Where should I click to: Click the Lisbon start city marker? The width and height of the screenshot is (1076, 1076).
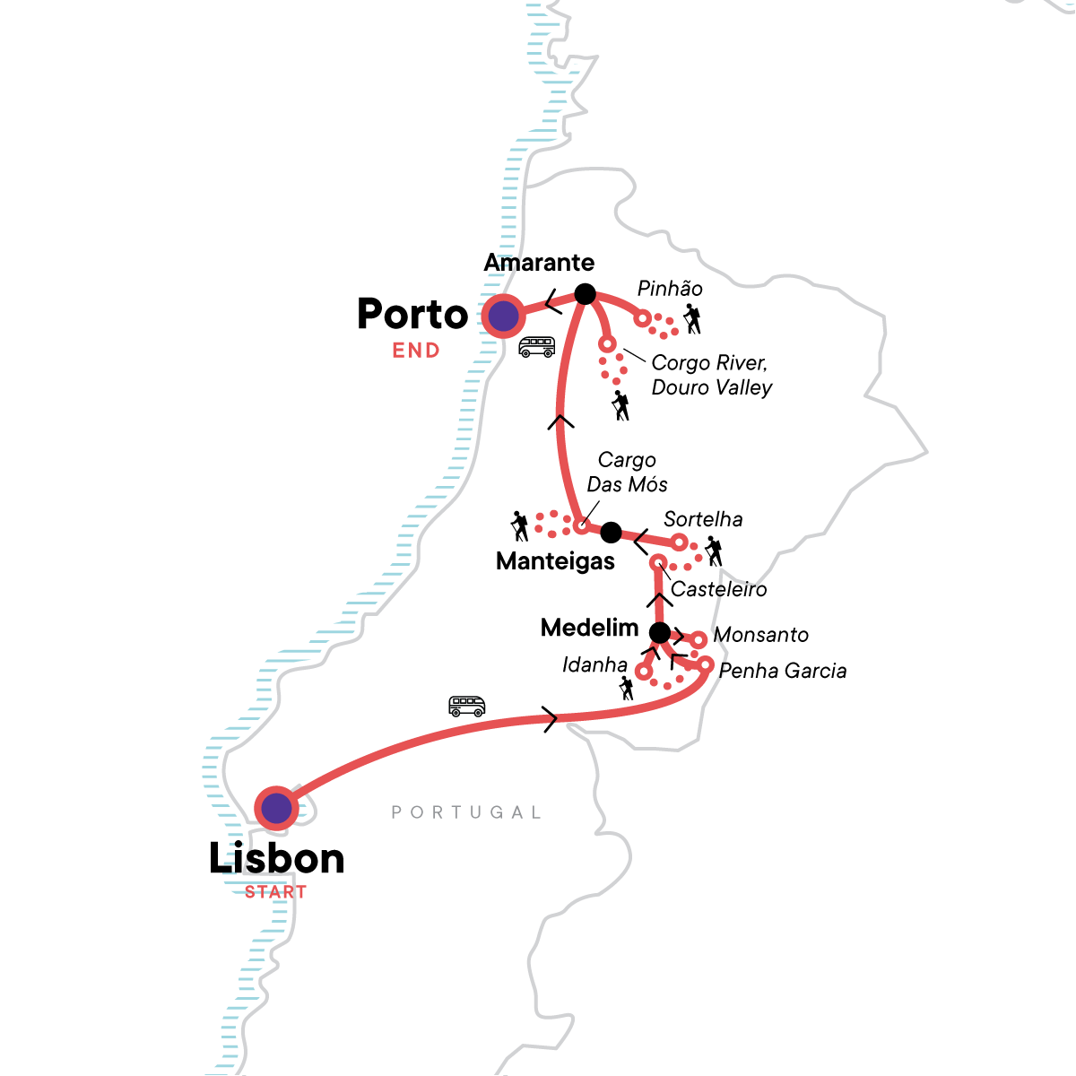[x=276, y=808]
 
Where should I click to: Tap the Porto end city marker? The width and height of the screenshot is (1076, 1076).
[x=502, y=316]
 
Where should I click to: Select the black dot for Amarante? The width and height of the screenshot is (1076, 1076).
[x=585, y=293]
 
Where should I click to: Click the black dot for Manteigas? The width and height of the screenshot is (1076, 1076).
[x=611, y=533]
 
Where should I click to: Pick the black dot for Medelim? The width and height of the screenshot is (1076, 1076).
[x=659, y=633]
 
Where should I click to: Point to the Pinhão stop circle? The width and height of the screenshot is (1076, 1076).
[x=642, y=318]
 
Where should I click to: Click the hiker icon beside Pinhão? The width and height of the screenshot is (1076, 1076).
[x=691, y=319]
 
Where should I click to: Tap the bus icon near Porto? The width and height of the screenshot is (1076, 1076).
[x=536, y=346]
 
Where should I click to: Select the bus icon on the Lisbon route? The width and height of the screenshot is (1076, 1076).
[x=466, y=707]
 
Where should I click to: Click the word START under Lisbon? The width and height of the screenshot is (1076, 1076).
[x=275, y=892]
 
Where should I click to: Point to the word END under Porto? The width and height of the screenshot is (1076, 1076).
[x=416, y=351]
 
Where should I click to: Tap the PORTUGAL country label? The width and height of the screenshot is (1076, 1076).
[x=466, y=812]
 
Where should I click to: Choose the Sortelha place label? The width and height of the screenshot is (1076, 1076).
[x=703, y=519]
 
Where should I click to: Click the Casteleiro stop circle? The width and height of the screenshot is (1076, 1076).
[x=658, y=563]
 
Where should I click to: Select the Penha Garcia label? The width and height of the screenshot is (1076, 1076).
[x=782, y=671]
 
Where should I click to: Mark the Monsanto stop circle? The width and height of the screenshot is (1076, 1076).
[x=698, y=639]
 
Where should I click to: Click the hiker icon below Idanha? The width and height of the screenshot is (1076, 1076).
[x=626, y=688]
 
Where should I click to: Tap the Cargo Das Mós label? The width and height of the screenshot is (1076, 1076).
[x=627, y=472]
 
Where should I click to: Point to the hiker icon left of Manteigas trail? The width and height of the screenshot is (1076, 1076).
[x=519, y=525]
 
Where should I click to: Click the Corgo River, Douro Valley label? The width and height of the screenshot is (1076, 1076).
[x=711, y=375]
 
